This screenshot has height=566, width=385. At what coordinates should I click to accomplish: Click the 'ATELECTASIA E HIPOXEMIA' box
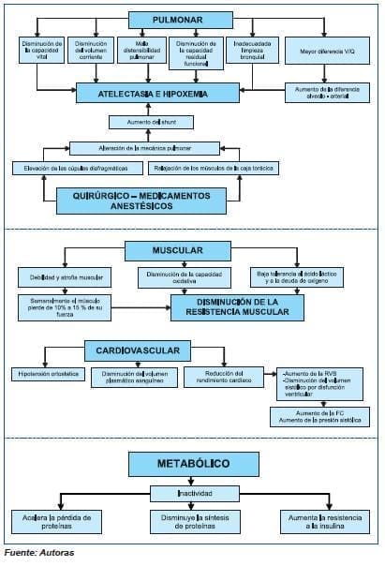(x=155, y=95)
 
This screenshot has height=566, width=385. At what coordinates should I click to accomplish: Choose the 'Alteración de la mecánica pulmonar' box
(x=145, y=147)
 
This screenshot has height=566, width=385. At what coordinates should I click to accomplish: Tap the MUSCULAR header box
(x=178, y=250)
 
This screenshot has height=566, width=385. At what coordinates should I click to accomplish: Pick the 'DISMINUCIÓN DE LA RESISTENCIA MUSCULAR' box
(x=236, y=305)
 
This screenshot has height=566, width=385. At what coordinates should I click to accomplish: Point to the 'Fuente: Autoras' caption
(x=39, y=553)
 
